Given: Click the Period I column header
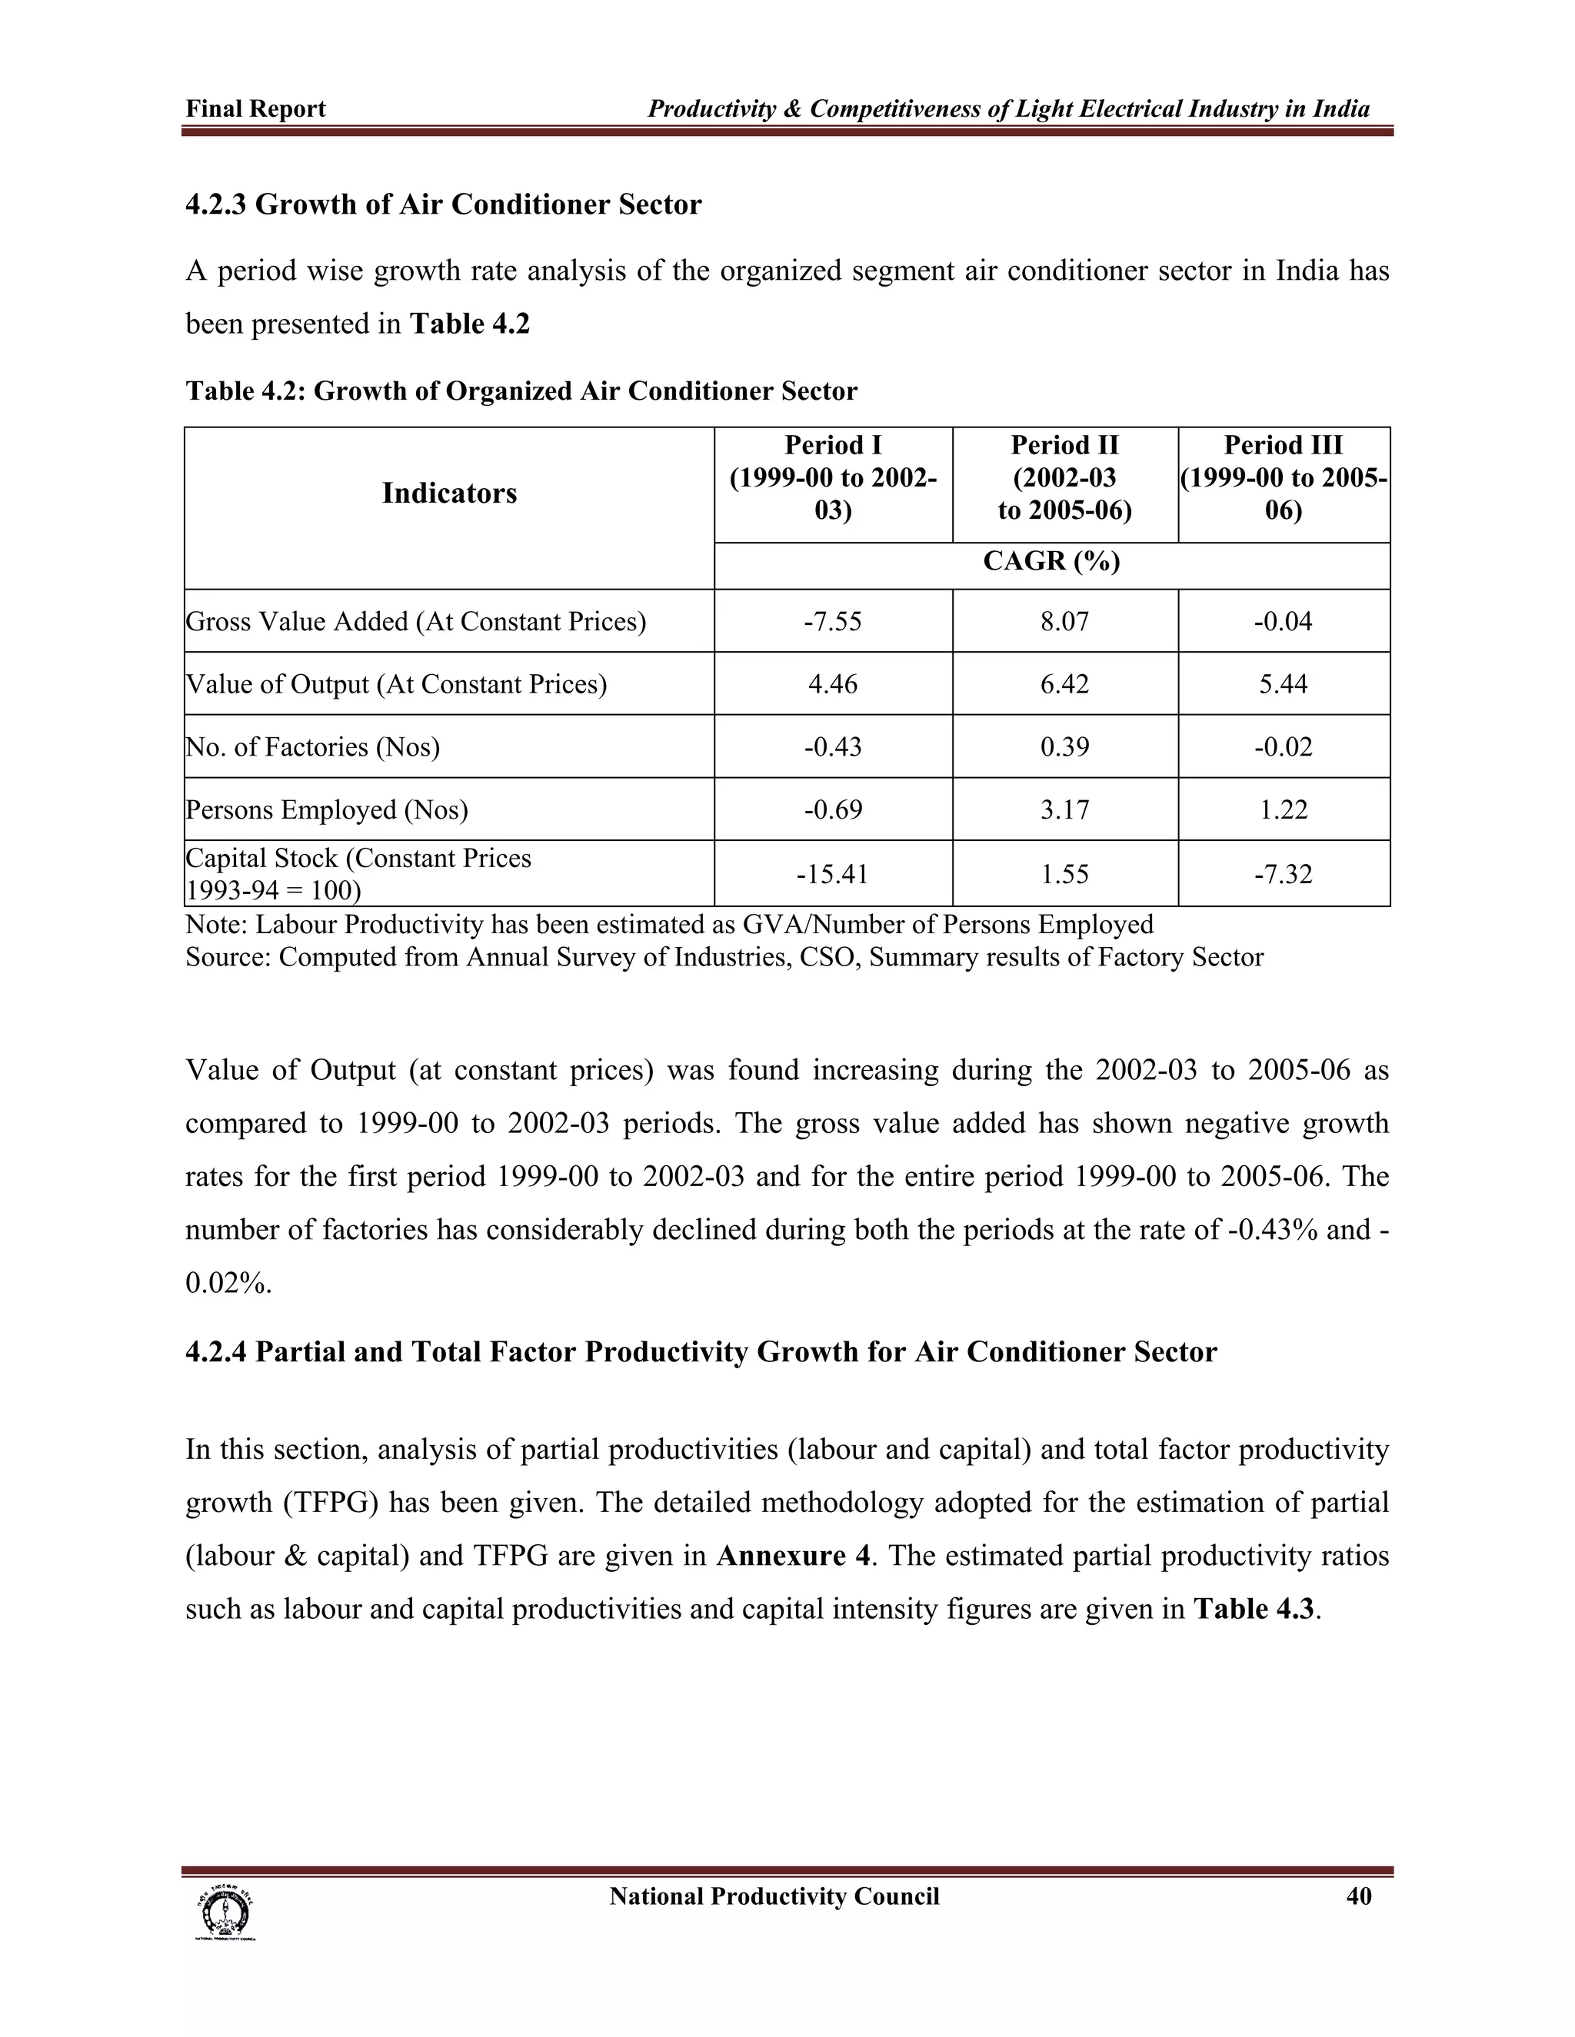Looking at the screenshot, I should [x=832, y=477].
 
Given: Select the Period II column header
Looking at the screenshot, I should [x=1064, y=477].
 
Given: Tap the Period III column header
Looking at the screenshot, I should [x=1283, y=477].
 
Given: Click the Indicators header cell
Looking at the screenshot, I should [x=449, y=493].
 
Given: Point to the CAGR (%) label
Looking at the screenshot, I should [x=1051, y=560].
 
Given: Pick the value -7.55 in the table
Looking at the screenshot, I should [x=832, y=621].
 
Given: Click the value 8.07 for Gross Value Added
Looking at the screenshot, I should [x=1064, y=621].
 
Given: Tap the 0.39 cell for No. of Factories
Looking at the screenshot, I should [x=1064, y=746].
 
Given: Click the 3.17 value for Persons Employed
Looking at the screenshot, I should [x=1064, y=809].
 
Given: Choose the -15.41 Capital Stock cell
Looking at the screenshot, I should [x=832, y=874].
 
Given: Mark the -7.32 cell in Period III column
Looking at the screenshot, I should [x=1283, y=874].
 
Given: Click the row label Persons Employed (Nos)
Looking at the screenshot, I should [x=327, y=809].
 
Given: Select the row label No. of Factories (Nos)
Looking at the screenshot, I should [x=312, y=747].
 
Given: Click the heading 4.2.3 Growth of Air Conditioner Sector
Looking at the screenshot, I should [x=443, y=204].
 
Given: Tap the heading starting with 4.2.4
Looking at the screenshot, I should [x=701, y=1351].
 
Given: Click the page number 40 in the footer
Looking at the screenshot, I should [x=1359, y=1896].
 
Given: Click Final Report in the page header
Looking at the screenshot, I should [x=255, y=109].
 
